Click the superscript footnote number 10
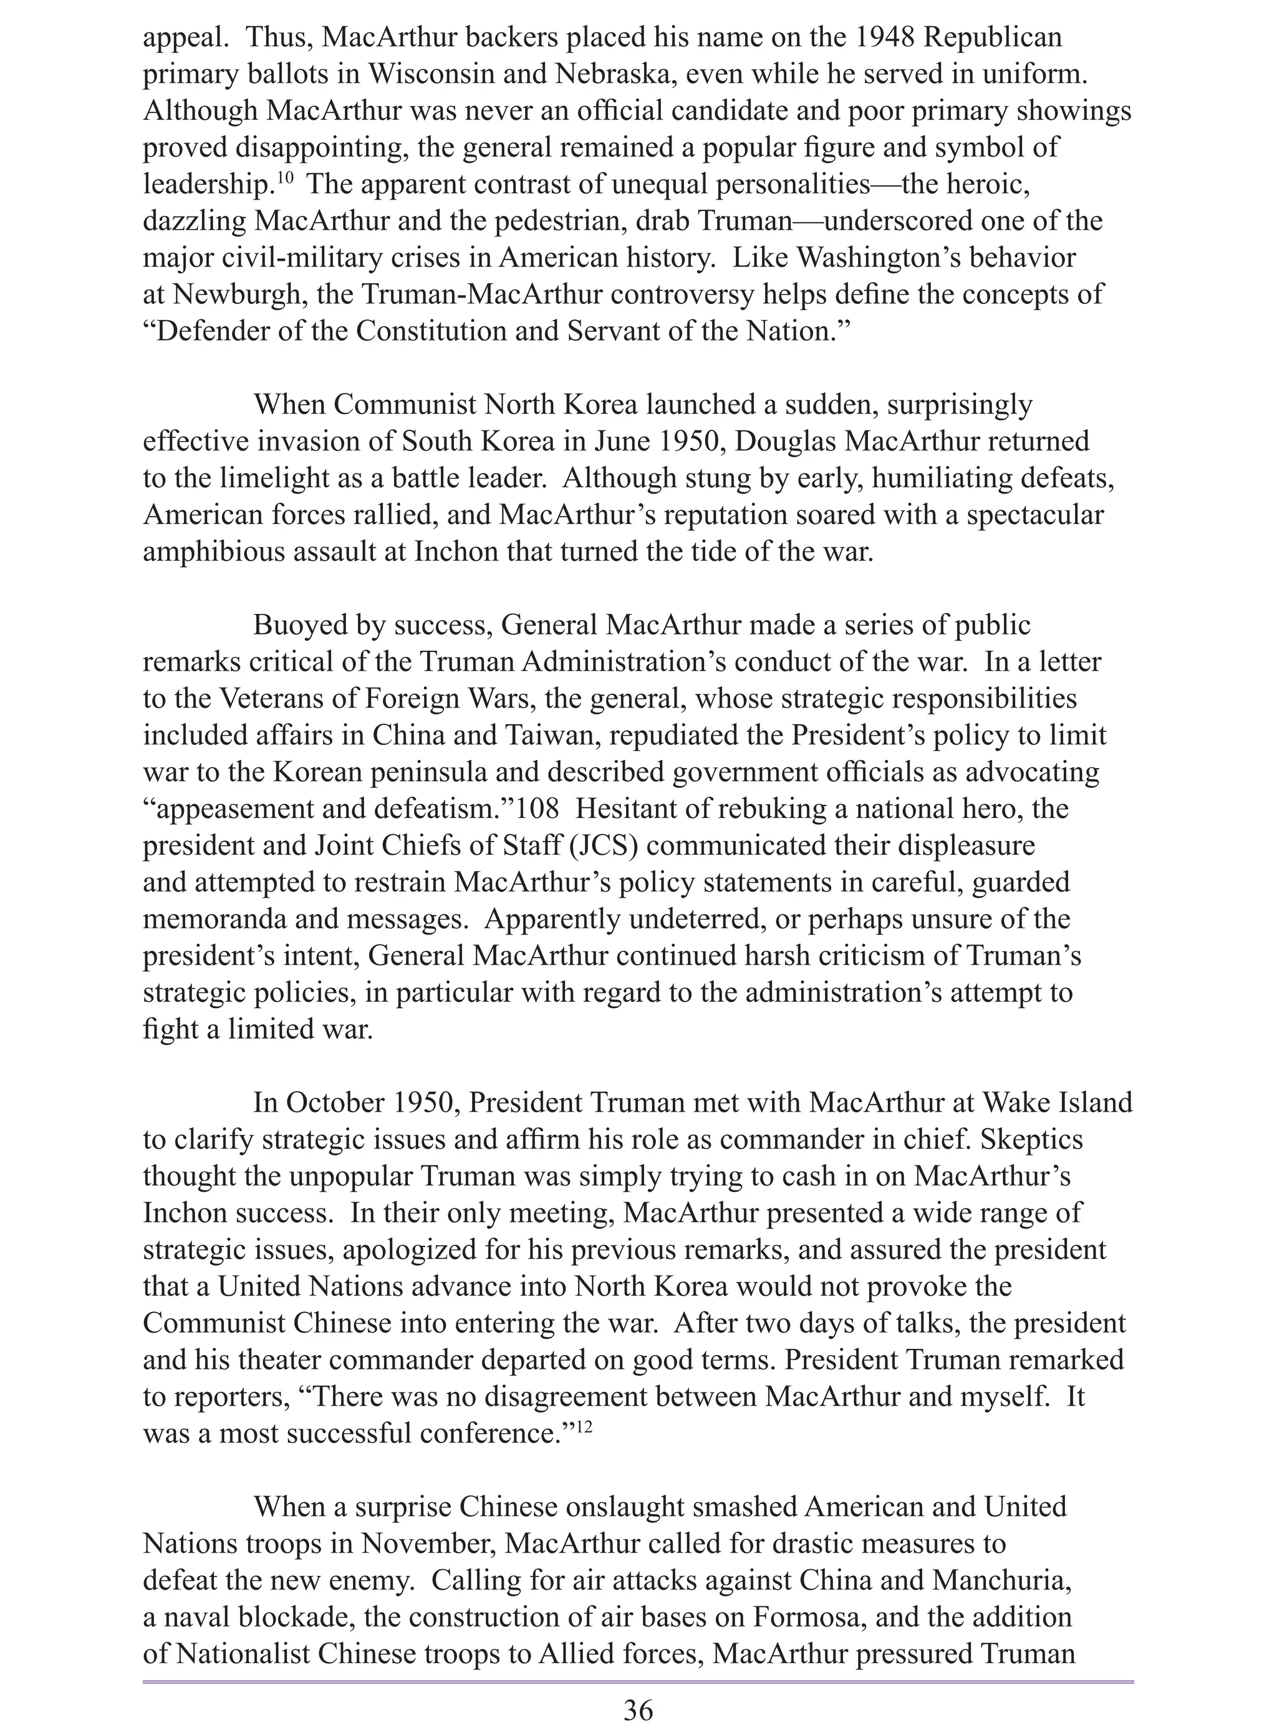tap(285, 178)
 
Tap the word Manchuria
tap(1001, 1580)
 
